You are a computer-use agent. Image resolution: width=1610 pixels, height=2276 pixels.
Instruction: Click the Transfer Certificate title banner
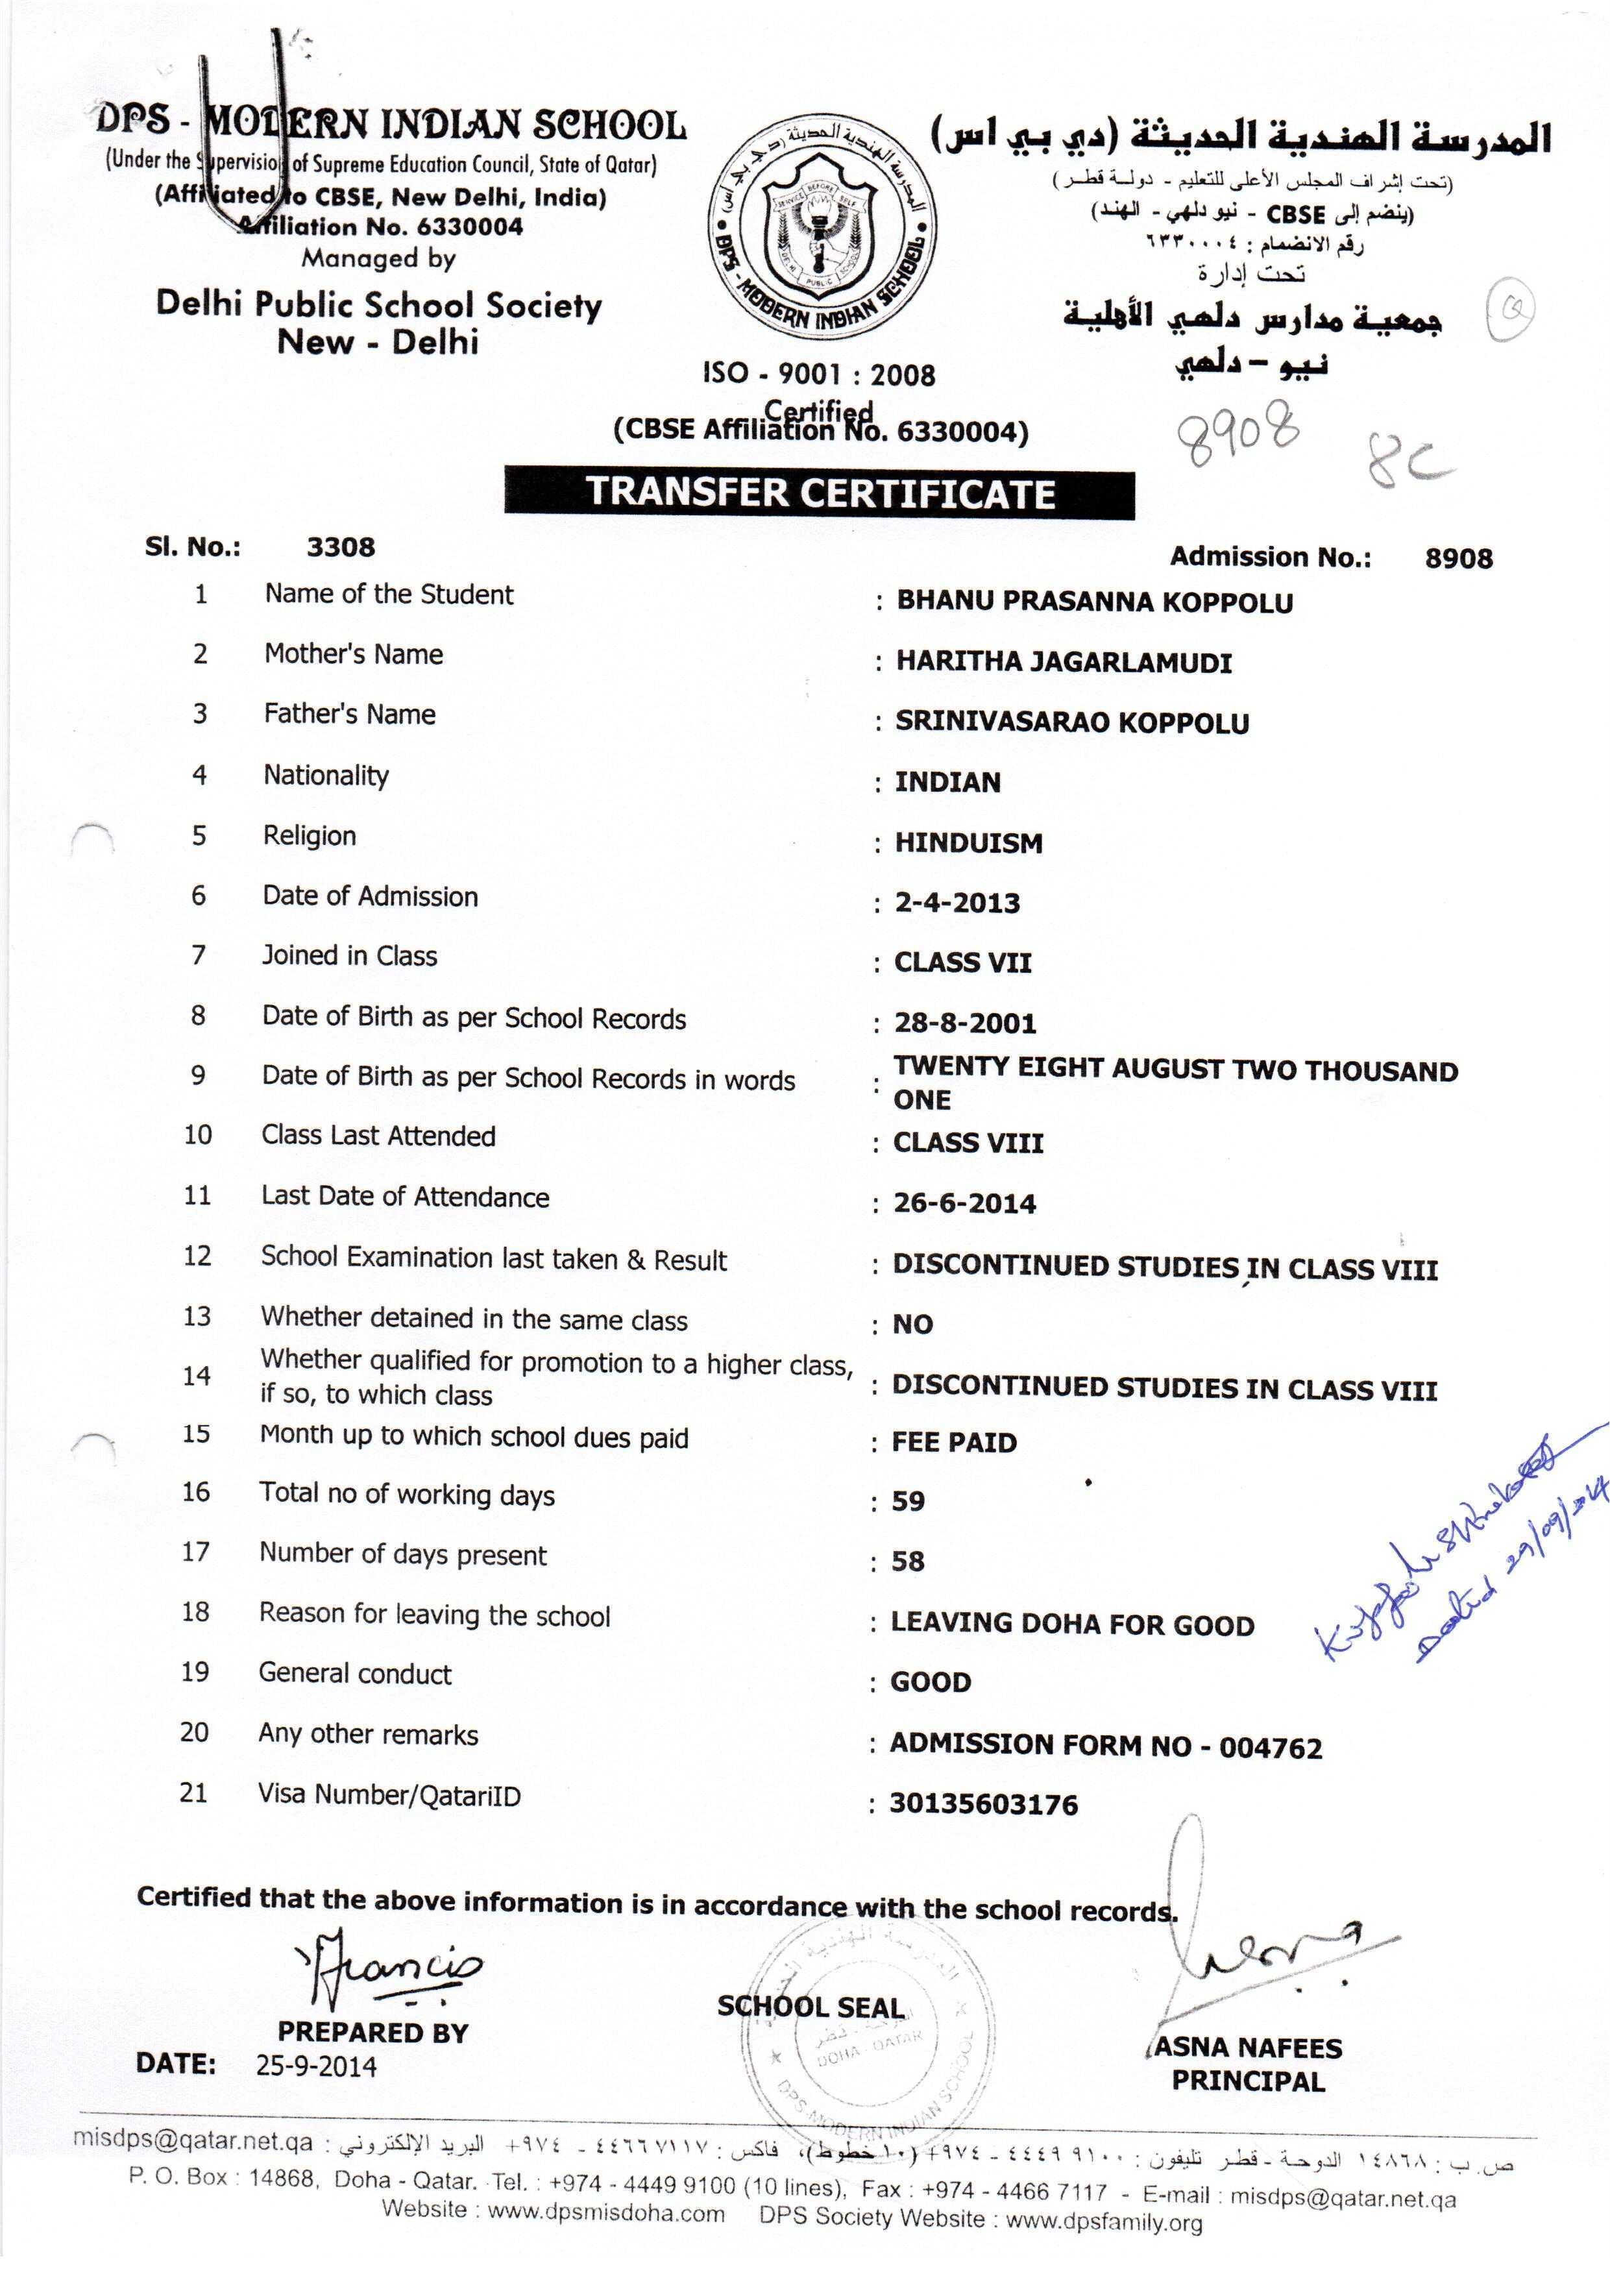(x=819, y=493)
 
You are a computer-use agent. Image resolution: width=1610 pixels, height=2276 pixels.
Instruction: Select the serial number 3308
(x=340, y=547)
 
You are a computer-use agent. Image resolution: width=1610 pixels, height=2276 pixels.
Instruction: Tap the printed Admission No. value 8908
(x=1458, y=558)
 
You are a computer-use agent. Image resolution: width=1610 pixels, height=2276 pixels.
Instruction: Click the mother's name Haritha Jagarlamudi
(x=1064, y=662)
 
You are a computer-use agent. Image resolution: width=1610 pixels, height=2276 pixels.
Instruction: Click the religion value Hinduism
(x=969, y=842)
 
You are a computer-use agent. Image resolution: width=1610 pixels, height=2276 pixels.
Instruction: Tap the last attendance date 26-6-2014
(x=964, y=1203)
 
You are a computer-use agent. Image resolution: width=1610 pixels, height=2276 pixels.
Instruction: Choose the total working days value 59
(x=908, y=1501)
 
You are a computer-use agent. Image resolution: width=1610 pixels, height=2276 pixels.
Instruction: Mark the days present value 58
(x=908, y=1561)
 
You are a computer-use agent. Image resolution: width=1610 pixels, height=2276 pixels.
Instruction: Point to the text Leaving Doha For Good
(x=1071, y=1624)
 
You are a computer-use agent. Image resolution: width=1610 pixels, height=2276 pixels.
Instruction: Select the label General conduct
(x=355, y=1673)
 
